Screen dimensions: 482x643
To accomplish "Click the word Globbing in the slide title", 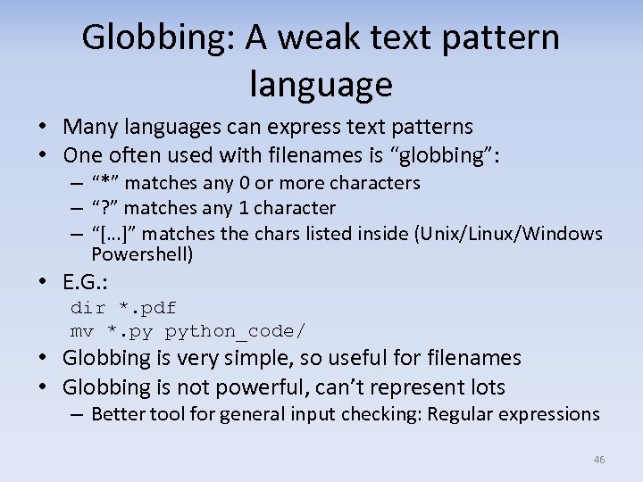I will click(x=153, y=37).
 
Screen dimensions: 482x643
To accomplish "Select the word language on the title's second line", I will click(x=321, y=84).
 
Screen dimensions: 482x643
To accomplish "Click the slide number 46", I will click(x=598, y=460).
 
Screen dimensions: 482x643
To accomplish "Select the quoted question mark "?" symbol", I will click(x=106, y=208).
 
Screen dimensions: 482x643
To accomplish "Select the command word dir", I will click(x=88, y=309).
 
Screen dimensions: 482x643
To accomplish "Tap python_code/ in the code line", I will click(x=235, y=332).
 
